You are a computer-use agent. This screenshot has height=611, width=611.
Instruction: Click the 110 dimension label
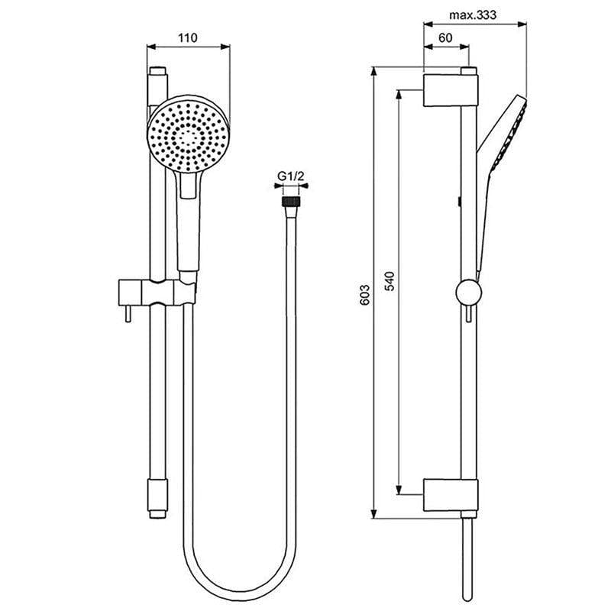point(187,36)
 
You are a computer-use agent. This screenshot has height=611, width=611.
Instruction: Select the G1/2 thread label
point(291,176)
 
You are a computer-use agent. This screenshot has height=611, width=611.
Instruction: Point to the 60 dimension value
point(445,36)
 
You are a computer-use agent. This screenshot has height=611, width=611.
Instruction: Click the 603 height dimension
point(364,294)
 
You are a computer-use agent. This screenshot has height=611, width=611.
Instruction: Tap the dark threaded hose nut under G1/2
point(290,202)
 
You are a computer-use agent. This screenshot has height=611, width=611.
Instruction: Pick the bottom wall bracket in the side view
point(451,497)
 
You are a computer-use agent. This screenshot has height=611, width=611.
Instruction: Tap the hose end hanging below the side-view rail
point(467,558)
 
